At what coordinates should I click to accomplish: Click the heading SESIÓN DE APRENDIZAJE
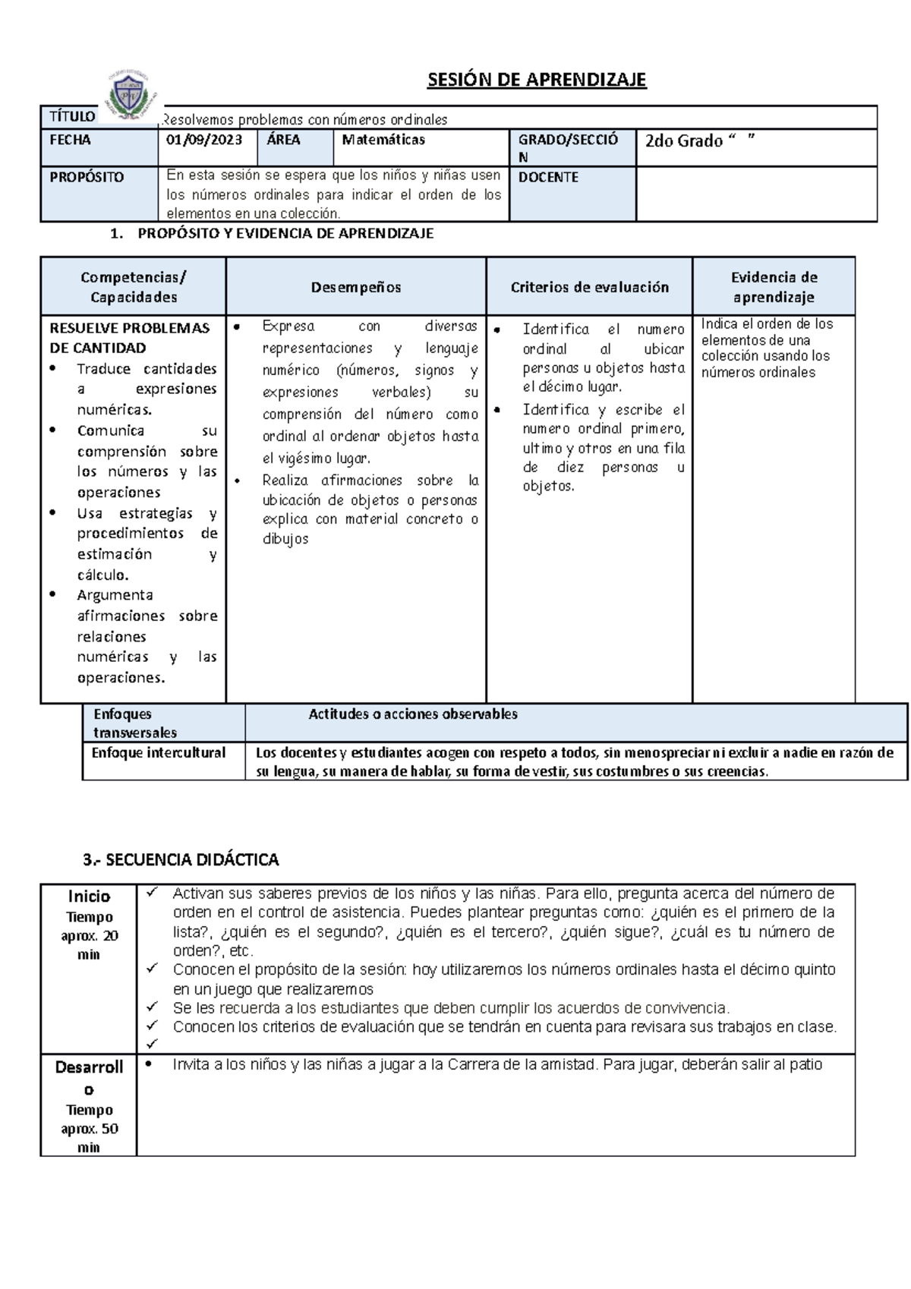coord(536,80)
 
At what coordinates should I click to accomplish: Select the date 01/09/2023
coord(204,140)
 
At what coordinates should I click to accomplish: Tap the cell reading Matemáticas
coord(383,140)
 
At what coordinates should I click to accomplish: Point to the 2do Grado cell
coord(699,141)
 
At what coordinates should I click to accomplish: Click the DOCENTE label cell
coord(548,177)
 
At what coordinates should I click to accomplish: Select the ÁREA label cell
coord(283,140)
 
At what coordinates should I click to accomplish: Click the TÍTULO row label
coord(72,116)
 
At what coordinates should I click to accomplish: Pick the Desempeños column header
coord(355,287)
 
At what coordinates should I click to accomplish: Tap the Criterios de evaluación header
coord(589,287)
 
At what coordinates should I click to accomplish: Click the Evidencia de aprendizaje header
coord(773,287)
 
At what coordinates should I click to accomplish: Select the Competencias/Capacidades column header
coord(134,287)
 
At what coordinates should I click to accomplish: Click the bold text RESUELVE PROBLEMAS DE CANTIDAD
coord(129,338)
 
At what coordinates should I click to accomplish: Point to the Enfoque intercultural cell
coord(158,753)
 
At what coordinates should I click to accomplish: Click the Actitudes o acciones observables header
coord(413,714)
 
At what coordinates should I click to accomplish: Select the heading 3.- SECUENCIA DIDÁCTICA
coord(181,860)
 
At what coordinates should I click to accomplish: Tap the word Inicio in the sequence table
coord(89,897)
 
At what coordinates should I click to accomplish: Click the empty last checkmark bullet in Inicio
coord(152,1044)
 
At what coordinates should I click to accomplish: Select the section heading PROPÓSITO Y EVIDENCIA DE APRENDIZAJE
coord(285,234)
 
